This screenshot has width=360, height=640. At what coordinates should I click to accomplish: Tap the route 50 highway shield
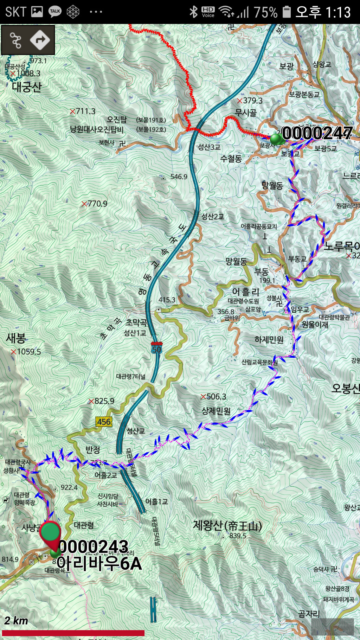coord(156,348)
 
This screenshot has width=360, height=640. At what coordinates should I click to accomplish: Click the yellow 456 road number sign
coord(104,422)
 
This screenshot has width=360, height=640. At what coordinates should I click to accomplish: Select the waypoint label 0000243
coord(94,547)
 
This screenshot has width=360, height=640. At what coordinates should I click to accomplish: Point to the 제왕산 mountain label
coord(227,526)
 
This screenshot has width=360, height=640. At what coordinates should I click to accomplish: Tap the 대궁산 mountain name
coord(27,87)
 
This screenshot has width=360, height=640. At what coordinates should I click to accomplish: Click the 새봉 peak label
coord(16,338)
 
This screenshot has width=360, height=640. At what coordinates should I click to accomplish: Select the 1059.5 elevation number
coord(28,352)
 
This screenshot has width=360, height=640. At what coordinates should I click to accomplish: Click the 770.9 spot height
coord(97,204)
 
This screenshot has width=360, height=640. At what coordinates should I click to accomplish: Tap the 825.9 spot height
coord(104,401)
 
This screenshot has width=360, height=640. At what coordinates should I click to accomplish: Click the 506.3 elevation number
coord(216,397)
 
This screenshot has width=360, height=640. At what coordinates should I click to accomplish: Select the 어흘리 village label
coord(245,292)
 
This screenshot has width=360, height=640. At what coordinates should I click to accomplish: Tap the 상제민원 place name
coord(216,411)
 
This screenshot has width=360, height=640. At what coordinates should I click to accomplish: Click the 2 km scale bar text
coord(16,621)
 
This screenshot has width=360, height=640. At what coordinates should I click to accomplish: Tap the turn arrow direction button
coord(40,40)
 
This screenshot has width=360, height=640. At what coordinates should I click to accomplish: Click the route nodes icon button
coord(15,40)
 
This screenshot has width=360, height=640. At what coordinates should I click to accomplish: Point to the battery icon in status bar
coord(287,12)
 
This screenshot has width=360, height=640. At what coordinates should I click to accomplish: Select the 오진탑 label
coord(117,120)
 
